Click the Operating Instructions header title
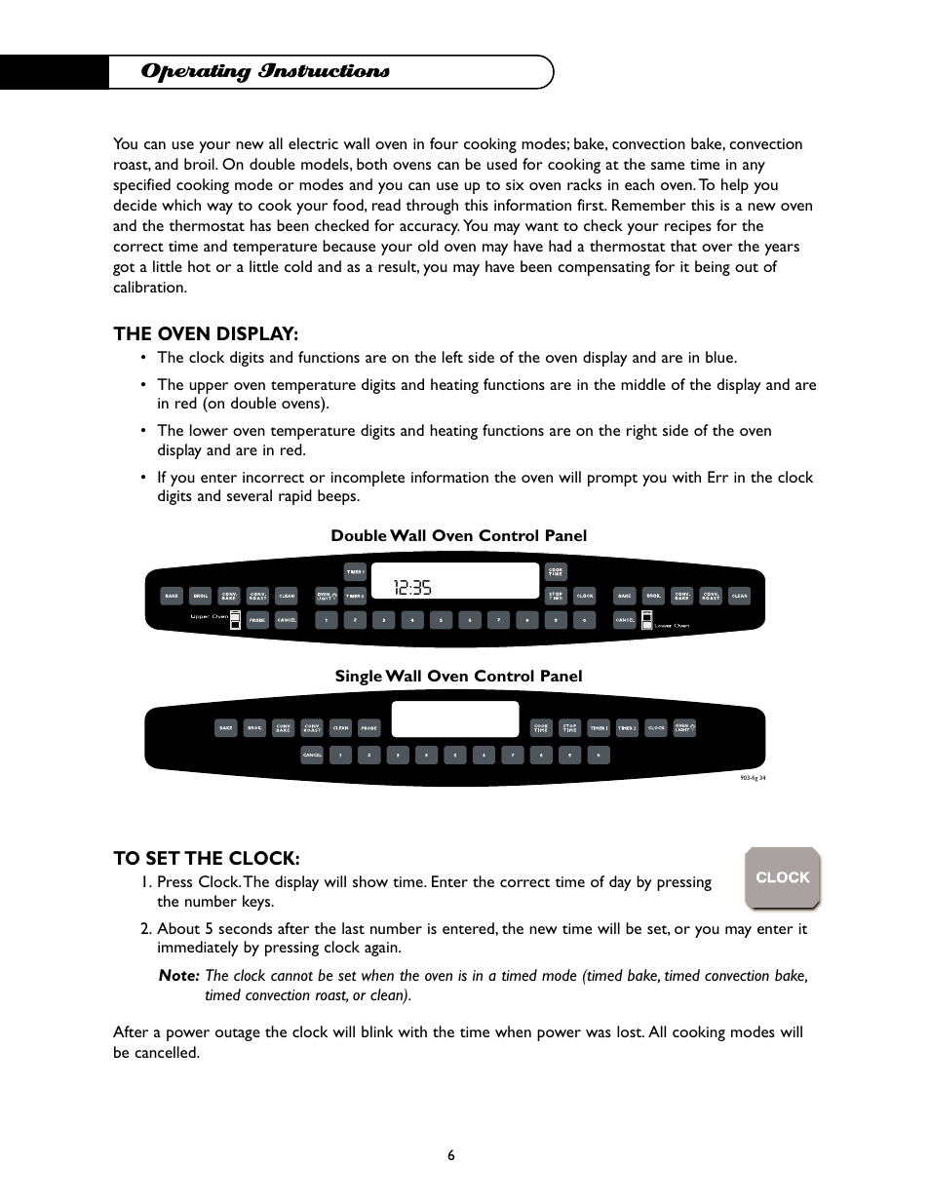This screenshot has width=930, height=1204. [x=265, y=71]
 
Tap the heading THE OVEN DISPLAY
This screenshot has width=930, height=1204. [x=206, y=333]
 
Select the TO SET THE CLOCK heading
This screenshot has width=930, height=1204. [x=207, y=858]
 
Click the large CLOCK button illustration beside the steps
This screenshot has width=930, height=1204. [x=783, y=877]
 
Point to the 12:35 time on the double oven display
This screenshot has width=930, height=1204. [x=412, y=587]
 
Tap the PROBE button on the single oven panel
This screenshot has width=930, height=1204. [x=368, y=727]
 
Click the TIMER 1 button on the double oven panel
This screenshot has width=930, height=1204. [x=355, y=572]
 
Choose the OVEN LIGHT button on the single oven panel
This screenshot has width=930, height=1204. [x=684, y=727]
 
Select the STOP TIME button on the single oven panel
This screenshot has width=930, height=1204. [x=569, y=727]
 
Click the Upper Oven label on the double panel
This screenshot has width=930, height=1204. [x=208, y=617]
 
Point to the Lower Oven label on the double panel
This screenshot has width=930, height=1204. [x=673, y=625]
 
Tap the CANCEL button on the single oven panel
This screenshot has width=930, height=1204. [x=312, y=755]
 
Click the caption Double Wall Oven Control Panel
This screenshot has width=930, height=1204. [x=458, y=535]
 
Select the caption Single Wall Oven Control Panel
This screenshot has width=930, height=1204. [x=458, y=676]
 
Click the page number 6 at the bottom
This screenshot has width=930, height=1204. [x=450, y=1155]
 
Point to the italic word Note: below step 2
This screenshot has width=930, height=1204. [x=179, y=976]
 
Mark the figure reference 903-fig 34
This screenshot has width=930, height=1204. [x=753, y=778]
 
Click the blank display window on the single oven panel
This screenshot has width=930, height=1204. [x=454, y=719]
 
